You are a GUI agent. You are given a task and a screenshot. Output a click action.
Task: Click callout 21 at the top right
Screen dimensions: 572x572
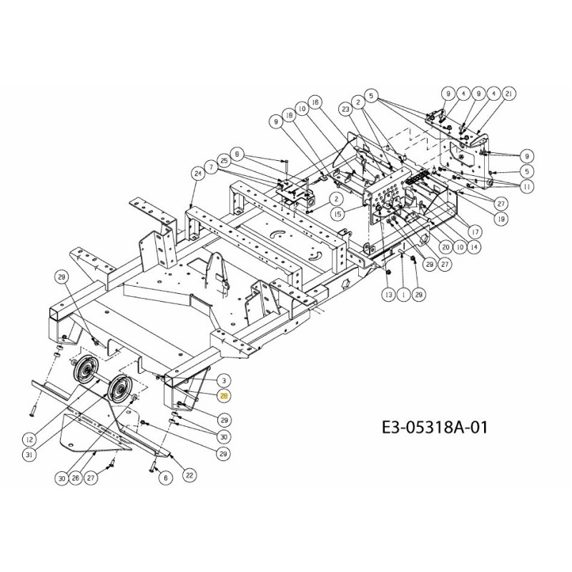[509, 94]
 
